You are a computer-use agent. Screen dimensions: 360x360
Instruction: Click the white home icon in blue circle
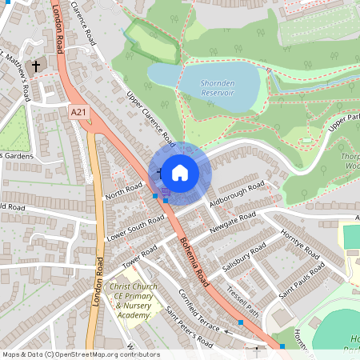pyautogui.click(x=180, y=172)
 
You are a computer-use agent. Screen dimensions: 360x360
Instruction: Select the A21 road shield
pyautogui.click(x=78, y=114)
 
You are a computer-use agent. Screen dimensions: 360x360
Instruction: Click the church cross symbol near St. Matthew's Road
pyautogui.click(x=35, y=65)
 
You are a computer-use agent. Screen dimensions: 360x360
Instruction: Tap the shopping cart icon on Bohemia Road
pyautogui.click(x=165, y=191)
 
